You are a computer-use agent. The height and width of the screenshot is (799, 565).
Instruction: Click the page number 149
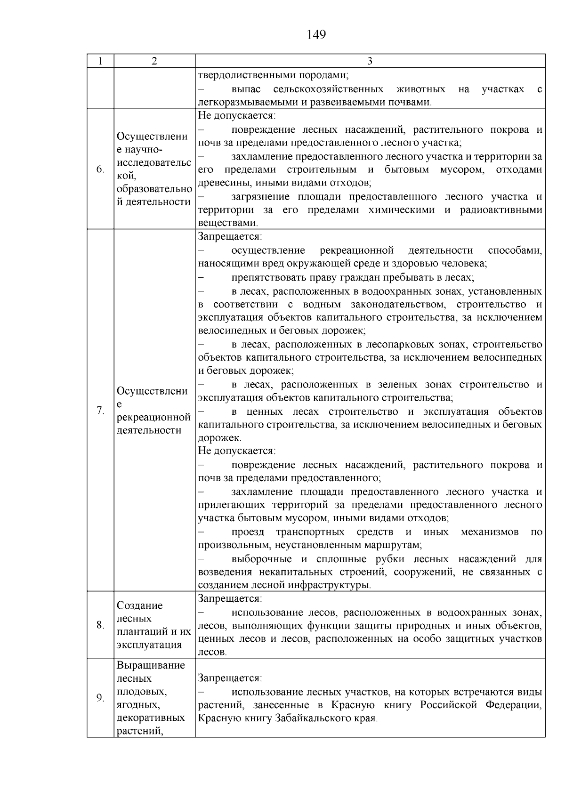(x=316, y=35)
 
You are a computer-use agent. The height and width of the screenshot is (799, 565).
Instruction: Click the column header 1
(x=100, y=61)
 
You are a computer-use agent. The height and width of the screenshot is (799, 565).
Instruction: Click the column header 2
(x=154, y=61)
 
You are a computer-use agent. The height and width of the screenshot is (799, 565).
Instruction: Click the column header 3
(x=370, y=61)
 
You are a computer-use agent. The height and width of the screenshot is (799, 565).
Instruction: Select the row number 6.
(x=100, y=169)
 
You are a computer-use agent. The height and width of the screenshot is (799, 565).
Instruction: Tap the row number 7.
(x=100, y=411)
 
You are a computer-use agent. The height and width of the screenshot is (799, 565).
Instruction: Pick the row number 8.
(x=100, y=625)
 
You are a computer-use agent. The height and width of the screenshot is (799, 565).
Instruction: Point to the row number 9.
(x=100, y=698)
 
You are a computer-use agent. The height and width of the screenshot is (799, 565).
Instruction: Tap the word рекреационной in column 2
(x=153, y=417)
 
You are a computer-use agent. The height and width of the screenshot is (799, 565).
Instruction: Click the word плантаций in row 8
(x=139, y=632)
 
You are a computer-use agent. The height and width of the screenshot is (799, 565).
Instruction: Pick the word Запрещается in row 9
(x=228, y=678)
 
